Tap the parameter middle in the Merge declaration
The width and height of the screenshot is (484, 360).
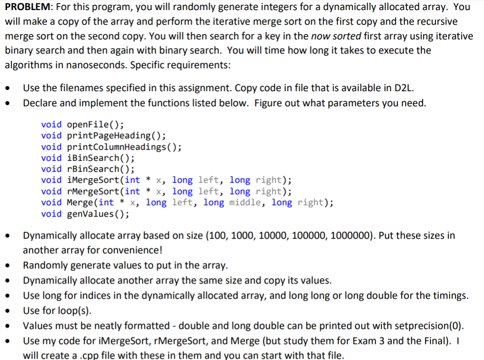click(247, 202)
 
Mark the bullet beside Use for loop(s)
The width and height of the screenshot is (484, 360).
click(8, 311)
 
